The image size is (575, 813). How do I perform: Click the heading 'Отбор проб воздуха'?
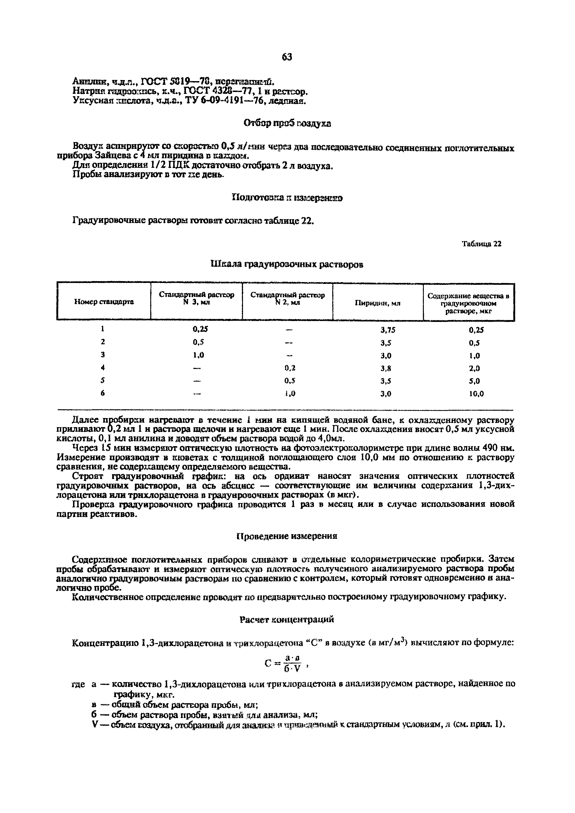[x=287, y=123]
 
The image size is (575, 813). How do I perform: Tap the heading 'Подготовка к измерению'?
[x=287, y=198]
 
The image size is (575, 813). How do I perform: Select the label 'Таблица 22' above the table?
[x=482, y=244]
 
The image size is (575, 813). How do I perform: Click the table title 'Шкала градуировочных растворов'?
[x=287, y=264]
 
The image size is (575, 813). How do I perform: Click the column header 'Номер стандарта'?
[x=104, y=302]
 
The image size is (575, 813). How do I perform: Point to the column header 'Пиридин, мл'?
[x=378, y=303]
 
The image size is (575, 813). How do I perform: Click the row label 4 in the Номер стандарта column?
[x=103, y=368]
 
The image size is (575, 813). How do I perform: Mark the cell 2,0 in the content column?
[x=475, y=368]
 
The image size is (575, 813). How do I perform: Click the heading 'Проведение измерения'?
[x=287, y=536]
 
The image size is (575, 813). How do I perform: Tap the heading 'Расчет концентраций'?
[x=287, y=619]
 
